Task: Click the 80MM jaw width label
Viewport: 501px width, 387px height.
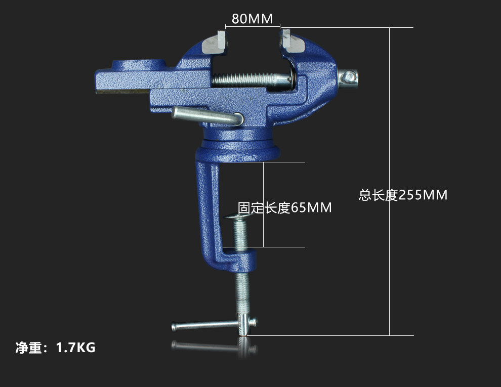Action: [252, 19]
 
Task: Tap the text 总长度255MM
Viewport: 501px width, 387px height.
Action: [403, 195]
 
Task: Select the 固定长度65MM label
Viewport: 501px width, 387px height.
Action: [285, 208]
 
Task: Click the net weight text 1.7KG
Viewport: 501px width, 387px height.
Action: [75, 348]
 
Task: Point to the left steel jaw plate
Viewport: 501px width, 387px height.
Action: [215, 42]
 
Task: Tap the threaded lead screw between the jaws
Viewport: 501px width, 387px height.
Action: [253, 80]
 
